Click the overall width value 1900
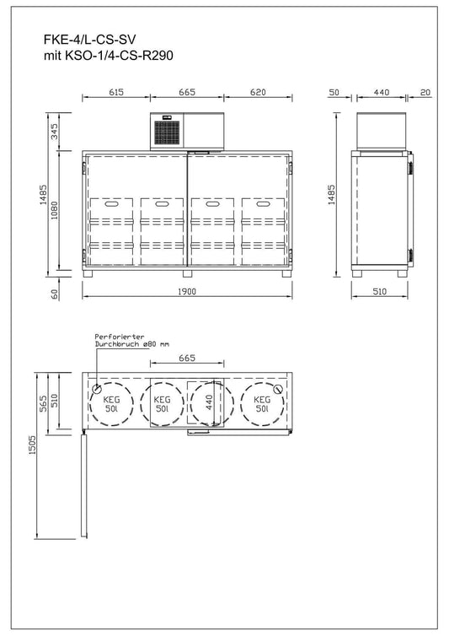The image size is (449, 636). pos(187,292)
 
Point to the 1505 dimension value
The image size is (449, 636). pos(31,455)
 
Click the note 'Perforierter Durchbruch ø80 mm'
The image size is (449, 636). pos(132,339)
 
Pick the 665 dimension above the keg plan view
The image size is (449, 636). pos(187,358)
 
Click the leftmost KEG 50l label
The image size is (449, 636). pos(111,403)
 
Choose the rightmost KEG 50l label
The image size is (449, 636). pos(261,403)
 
